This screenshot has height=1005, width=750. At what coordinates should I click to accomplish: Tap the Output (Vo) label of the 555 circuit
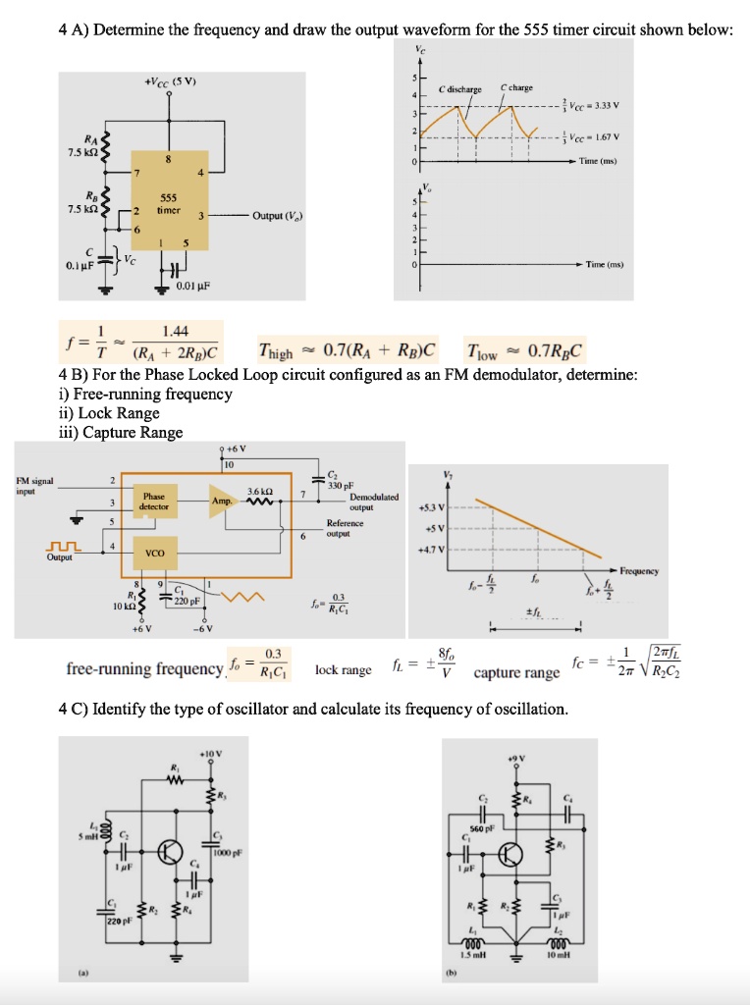[283, 215]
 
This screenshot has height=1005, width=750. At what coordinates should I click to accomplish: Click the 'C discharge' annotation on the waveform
[461, 88]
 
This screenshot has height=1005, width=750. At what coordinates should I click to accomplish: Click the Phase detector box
[154, 502]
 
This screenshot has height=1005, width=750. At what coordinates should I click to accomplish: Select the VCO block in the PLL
[154, 554]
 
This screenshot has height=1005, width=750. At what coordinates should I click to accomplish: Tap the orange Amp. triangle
[222, 501]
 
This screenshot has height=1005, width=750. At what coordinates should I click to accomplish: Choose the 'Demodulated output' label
[374, 502]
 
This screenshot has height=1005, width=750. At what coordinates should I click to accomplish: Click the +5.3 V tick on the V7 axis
[432, 507]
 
